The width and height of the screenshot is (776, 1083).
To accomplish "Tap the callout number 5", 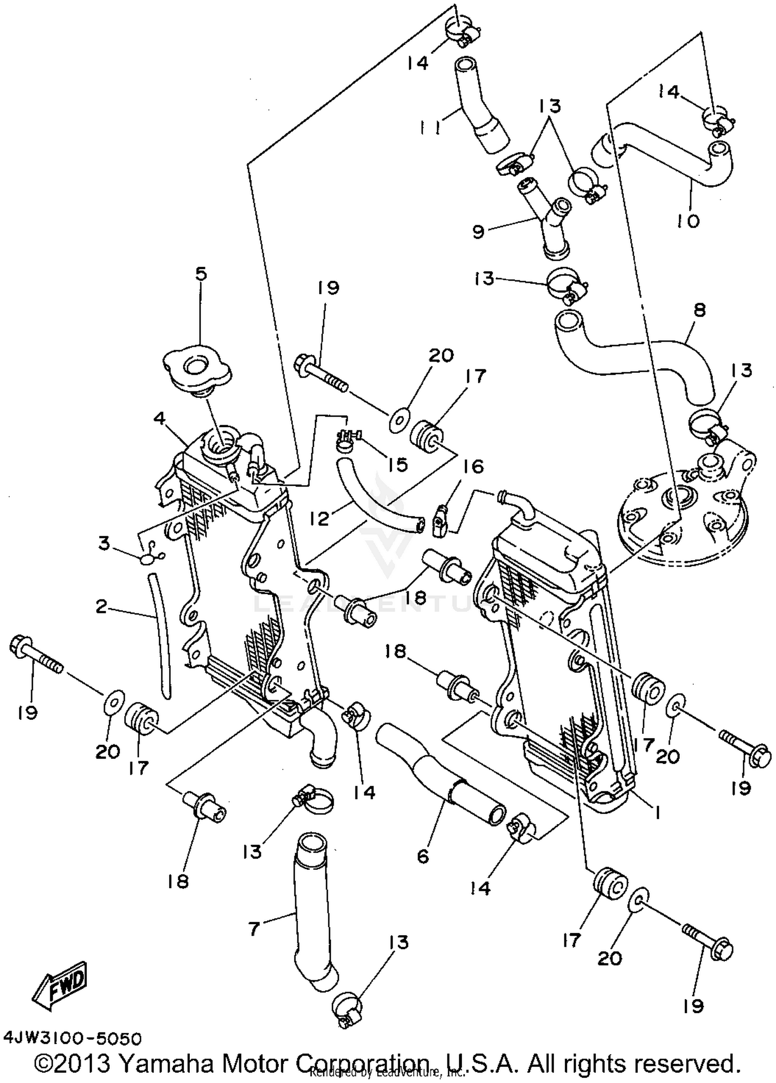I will pos(201,273).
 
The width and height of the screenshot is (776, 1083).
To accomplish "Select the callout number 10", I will pos(688,220).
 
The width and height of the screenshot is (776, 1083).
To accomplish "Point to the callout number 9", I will pos(479,231).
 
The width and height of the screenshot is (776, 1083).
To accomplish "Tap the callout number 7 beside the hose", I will pos(253,929).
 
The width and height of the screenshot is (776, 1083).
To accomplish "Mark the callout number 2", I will pos(101,606).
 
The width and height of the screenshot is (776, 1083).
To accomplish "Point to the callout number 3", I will pos(105,544).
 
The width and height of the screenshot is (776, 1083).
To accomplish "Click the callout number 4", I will pos(159,418).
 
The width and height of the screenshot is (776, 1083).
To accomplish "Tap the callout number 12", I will pos(320,518).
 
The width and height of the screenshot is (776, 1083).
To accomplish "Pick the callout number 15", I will pos(397,464).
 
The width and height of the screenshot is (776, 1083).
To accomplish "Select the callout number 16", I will pos(473,467).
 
